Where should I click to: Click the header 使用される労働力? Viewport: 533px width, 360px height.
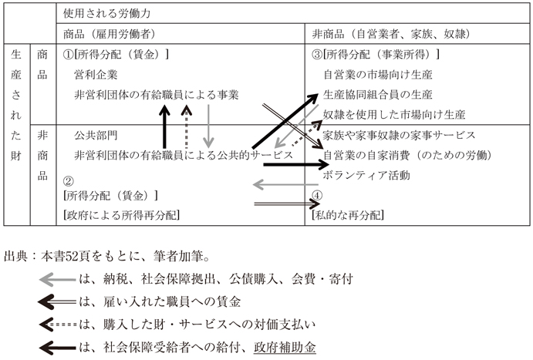click(106, 14)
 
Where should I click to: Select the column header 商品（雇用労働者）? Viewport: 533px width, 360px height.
click(110, 34)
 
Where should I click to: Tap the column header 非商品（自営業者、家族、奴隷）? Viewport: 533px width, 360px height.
click(391, 34)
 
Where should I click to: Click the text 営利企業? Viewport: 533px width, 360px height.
click(96, 74)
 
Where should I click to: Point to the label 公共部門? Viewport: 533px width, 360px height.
click(96, 135)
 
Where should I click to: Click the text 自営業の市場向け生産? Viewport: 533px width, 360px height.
click(378, 74)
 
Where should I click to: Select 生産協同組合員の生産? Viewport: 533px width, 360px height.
click(378, 94)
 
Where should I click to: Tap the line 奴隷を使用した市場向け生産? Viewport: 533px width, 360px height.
click(394, 115)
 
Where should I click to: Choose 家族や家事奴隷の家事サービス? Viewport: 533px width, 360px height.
click(399, 135)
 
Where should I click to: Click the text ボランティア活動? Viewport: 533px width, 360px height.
click(366, 175)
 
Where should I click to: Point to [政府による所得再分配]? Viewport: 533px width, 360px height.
click(121, 215)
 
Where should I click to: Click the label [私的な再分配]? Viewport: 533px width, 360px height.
click(348, 215)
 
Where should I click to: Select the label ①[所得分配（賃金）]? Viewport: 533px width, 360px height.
click(116, 54)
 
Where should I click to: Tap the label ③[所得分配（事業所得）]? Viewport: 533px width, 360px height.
click(376, 54)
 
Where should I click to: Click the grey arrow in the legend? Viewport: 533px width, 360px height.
click(57, 280)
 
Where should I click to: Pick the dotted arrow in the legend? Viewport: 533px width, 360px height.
click(58, 325)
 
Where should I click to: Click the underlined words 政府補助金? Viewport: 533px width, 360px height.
click(285, 348)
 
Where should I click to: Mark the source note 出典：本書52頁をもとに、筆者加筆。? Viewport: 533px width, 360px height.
click(107, 257)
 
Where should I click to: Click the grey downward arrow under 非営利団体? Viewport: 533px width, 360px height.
click(208, 126)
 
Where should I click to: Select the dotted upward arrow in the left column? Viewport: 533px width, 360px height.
click(186, 126)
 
